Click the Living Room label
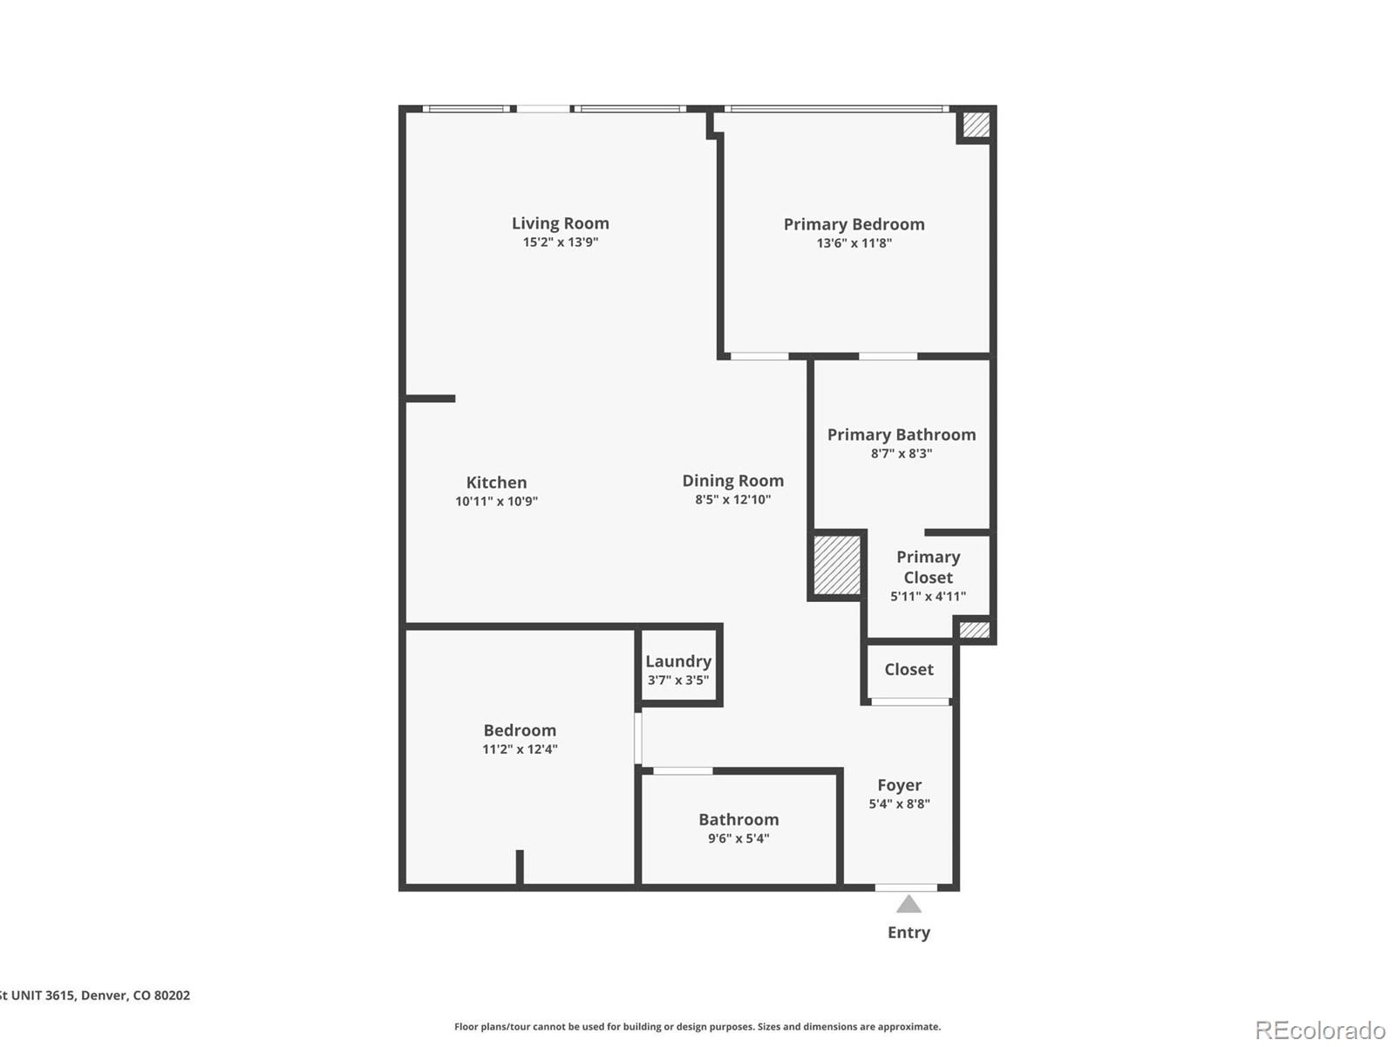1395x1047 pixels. (x=560, y=223)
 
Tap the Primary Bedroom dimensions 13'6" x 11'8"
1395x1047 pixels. (x=854, y=243)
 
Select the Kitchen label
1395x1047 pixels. (x=496, y=482)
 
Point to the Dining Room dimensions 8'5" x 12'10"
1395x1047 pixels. (x=732, y=500)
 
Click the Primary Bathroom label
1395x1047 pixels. (x=902, y=435)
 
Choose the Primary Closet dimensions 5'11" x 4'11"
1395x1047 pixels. (x=928, y=597)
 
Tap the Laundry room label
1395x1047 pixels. (x=678, y=661)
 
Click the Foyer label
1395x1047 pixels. (x=899, y=785)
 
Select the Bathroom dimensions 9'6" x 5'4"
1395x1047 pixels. (x=738, y=838)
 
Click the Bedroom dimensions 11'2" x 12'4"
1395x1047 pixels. (x=520, y=749)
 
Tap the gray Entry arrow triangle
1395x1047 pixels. (x=908, y=905)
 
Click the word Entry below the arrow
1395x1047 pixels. (x=908, y=933)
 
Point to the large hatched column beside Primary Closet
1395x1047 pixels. (x=837, y=565)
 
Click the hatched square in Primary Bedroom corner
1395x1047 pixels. (x=976, y=124)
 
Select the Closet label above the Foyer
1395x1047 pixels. (x=908, y=669)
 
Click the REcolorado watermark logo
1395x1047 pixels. (x=1319, y=1030)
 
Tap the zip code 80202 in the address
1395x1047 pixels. (x=172, y=996)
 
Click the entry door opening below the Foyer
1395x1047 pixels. (x=906, y=887)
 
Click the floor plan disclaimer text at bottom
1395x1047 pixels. (x=697, y=1027)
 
